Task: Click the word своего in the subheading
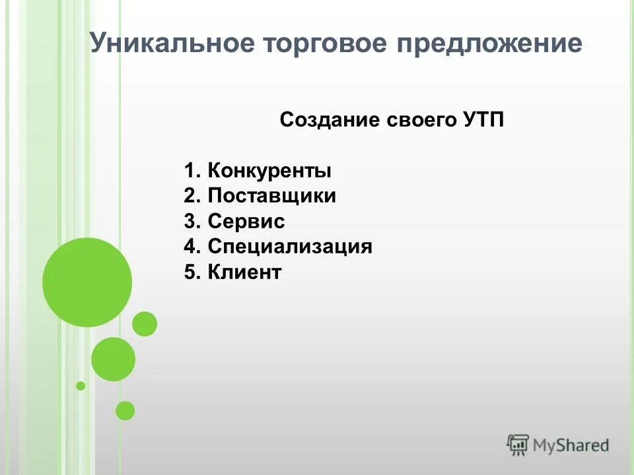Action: pos(419,121)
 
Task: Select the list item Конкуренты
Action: pos(269,172)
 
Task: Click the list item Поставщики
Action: pos(271,197)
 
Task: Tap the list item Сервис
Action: pos(246,222)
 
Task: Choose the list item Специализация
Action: pos(290,247)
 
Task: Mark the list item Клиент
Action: pos(244,272)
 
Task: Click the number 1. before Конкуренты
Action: pos(192,172)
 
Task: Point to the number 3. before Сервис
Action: pos(192,222)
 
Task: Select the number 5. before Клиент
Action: pos(192,272)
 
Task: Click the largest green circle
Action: pos(87,282)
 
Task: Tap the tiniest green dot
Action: pos(81,385)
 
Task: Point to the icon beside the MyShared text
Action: pos(518,445)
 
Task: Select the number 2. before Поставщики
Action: pos(192,197)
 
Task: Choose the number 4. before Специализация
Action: pos(192,247)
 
